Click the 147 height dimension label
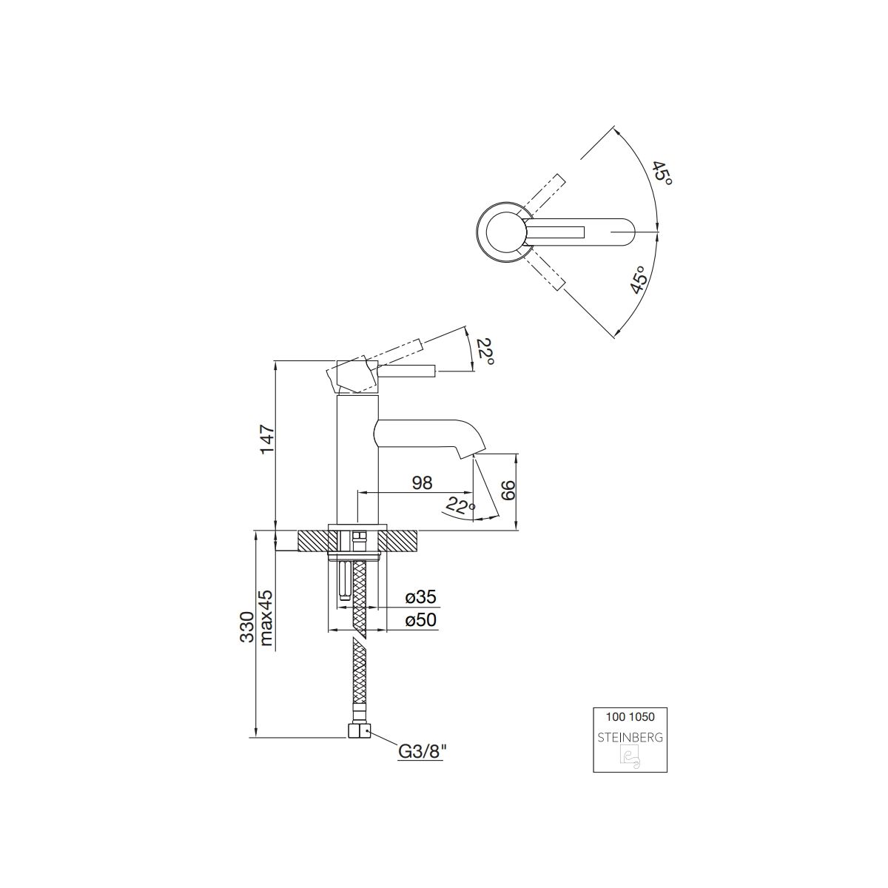coord(268,440)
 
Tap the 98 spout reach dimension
coord(422,483)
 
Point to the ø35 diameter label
coord(421,597)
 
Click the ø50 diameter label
coord(421,620)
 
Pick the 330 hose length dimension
coord(247,628)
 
